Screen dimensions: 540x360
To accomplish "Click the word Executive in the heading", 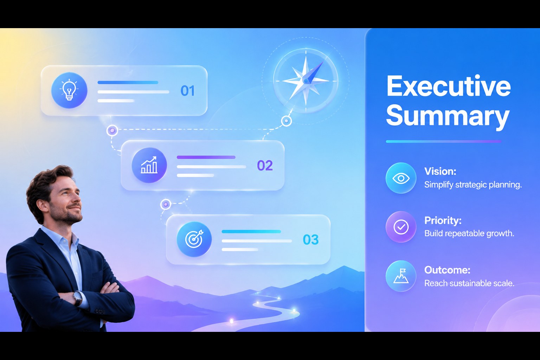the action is click(x=448, y=86).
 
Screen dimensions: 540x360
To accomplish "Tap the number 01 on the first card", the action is click(x=187, y=91).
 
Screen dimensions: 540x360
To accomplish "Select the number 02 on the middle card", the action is click(x=265, y=166).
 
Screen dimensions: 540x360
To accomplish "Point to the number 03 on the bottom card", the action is click(x=310, y=240).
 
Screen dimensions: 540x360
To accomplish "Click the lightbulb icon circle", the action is click(x=69, y=90).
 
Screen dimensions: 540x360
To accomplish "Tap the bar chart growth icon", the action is click(x=149, y=165).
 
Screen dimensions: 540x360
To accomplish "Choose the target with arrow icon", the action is click(x=194, y=239).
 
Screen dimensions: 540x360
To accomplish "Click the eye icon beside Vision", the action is click(x=401, y=178).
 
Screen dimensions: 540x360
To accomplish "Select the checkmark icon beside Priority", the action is click(x=401, y=227).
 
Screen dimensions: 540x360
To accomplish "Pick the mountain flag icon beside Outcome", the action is click(x=401, y=276).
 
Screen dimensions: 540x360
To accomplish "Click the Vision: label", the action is click(x=440, y=172).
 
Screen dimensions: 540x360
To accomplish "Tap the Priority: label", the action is click(x=443, y=220).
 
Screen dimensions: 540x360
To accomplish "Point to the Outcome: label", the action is click(x=447, y=270).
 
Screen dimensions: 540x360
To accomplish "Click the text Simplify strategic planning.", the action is click(x=473, y=185).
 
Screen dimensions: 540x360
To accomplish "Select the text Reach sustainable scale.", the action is click(x=469, y=283).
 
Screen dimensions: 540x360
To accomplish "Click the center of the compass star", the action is click(x=306, y=81).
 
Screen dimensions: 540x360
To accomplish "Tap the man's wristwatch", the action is click(x=78, y=298).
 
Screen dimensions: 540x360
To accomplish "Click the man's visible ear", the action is click(x=43, y=205).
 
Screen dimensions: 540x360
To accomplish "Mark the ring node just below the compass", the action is click(x=287, y=121).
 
